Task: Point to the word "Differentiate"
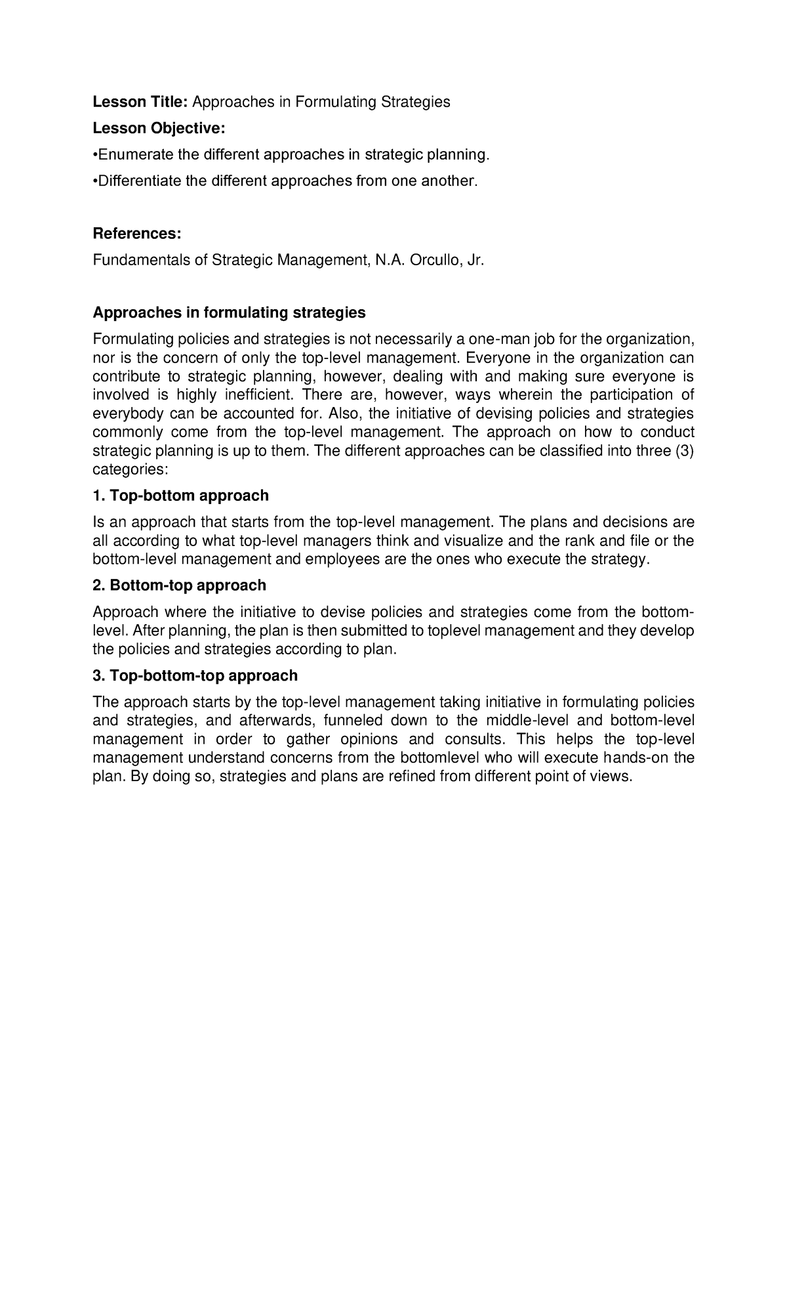click(139, 181)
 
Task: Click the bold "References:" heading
click(136, 234)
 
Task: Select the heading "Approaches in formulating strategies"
click(229, 312)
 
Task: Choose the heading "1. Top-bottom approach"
click(180, 495)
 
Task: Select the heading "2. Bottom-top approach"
click(179, 585)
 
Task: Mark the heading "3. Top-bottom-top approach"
click(195, 675)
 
